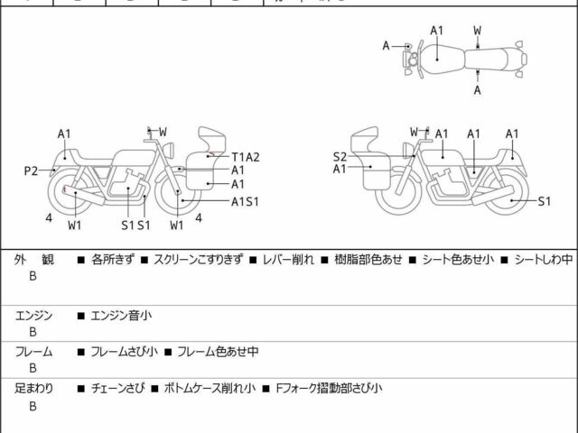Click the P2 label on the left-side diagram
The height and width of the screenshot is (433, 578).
tap(31, 169)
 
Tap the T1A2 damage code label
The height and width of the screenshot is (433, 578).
tap(245, 156)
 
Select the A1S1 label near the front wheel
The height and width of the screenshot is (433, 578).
tap(245, 200)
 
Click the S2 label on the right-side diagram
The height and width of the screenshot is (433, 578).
tap(340, 155)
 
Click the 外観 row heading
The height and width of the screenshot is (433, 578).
tap(34, 260)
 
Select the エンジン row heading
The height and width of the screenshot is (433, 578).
tap(34, 315)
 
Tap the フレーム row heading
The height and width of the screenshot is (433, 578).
tap(34, 352)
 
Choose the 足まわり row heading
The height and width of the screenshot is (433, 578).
tap(34, 388)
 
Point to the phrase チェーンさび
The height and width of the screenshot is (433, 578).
tap(115, 388)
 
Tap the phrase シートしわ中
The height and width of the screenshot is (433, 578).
tap(541, 260)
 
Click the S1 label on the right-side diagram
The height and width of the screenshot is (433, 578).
tap(544, 201)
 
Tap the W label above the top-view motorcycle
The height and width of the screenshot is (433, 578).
tap(477, 30)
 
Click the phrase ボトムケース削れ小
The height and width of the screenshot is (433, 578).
tap(207, 388)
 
